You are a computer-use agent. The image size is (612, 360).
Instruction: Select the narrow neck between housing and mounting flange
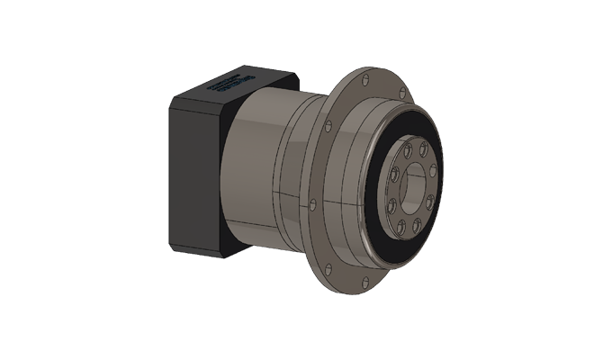(297, 180)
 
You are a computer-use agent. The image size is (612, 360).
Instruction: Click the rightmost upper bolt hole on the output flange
(433, 168)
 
